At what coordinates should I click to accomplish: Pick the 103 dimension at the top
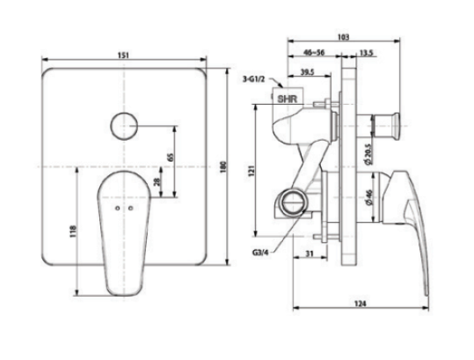[x=343, y=38]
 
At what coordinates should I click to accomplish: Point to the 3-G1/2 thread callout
[x=254, y=79]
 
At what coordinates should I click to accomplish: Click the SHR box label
[x=287, y=99]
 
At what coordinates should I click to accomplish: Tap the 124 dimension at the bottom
[x=361, y=304]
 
